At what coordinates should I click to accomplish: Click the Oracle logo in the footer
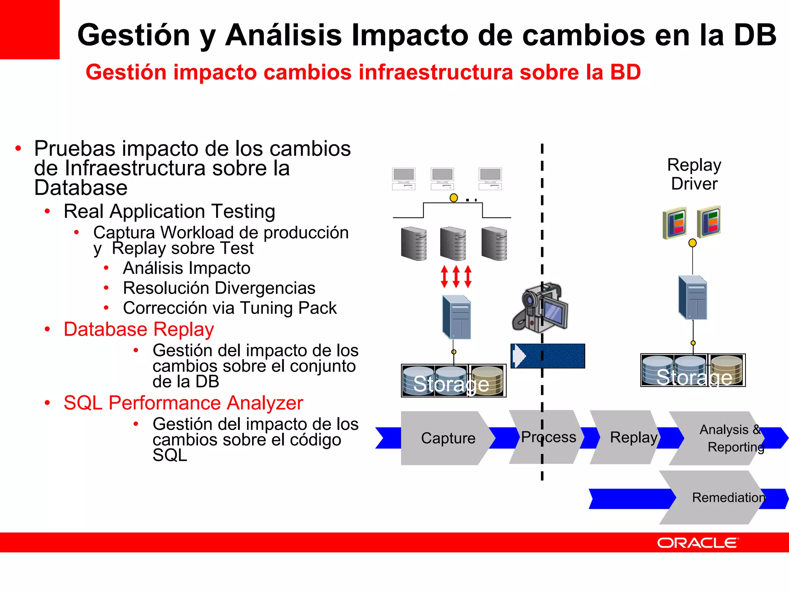click(697, 543)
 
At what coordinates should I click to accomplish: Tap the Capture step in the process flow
click(448, 438)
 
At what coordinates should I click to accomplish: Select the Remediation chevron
click(724, 498)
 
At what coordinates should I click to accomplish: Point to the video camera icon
click(540, 308)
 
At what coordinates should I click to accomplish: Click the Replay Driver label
click(694, 174)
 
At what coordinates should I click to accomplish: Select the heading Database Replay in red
click(139, 330)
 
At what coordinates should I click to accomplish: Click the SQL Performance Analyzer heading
click(183, 403)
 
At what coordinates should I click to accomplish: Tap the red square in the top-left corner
click(29, 29)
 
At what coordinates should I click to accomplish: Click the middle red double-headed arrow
click(456, 276)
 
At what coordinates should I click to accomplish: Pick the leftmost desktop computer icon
click(403, 179)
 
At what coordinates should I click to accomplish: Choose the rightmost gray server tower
click(494, 244)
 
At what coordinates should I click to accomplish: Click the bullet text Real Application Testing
click(170, 211)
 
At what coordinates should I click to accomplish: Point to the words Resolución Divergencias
click(219, 288)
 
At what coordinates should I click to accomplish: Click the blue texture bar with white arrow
click(548, 356)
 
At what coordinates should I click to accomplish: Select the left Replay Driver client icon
click(674, 223)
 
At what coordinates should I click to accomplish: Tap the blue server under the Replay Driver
click(693, 297)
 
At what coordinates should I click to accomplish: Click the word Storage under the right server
click(694, 377)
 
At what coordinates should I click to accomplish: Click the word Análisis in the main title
click(283, 35)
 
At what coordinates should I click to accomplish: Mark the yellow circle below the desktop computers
click(454, 198)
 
